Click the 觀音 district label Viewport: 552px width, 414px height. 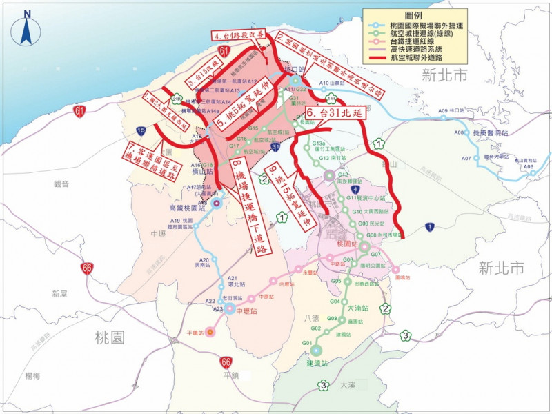[61, 184]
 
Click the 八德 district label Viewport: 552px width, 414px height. [311, 318]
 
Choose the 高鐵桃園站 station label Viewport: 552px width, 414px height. [188, 207]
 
